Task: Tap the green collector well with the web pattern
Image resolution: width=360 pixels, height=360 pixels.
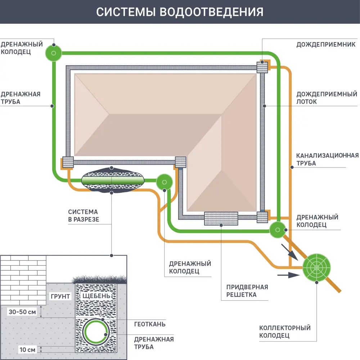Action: (316, 267)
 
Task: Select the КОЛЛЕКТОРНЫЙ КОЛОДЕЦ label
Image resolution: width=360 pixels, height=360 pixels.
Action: (285, 332)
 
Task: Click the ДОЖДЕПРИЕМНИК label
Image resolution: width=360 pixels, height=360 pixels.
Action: (326, 45)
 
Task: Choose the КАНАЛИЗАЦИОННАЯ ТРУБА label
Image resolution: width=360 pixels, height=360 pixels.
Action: (327, 159)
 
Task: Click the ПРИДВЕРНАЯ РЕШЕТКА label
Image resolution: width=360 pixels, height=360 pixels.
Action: (247, 291)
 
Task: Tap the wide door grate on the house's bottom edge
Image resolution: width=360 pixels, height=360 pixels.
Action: (221, 219)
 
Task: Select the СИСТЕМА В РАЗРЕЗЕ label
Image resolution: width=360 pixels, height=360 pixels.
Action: (84, 215)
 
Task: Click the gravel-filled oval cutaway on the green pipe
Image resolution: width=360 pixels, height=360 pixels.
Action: (112, 179)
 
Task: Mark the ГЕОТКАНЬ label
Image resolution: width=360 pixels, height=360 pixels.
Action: (150, 324)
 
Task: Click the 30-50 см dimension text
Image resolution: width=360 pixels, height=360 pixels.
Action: (22, 312)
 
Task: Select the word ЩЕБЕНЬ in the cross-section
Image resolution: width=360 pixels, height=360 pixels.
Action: (95, 296)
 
